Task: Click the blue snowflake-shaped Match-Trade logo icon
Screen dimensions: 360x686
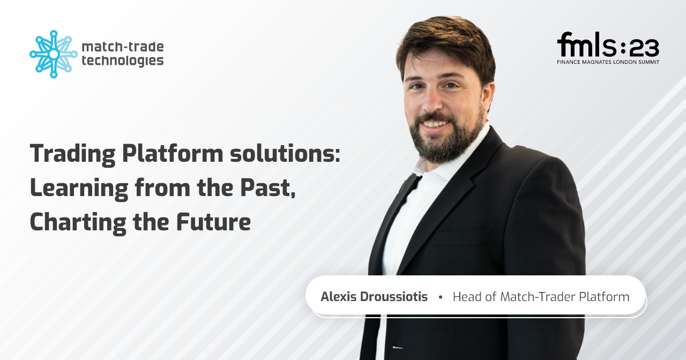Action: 54,54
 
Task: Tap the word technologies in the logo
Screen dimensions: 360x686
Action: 123,61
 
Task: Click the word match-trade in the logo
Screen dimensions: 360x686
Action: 123,47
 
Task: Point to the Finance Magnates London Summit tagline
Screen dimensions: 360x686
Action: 608,62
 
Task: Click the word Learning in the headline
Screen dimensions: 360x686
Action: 79,189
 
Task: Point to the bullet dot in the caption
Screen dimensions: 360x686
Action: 441,297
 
